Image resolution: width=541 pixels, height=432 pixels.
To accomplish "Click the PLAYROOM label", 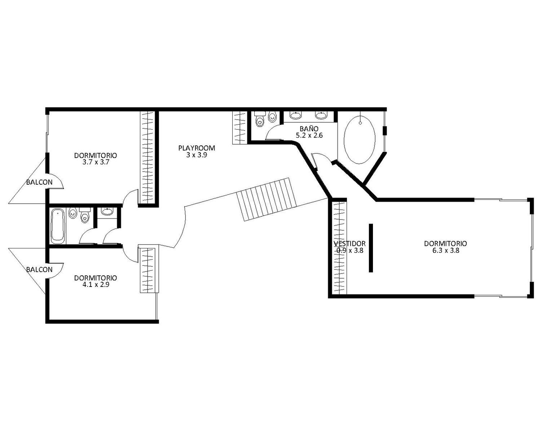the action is coord(197,148).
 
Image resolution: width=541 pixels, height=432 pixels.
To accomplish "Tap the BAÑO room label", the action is coord(309,129).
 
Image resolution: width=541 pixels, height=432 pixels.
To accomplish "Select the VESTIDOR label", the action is coord(349,243).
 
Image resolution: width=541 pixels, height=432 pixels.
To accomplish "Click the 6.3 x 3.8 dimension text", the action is coord(445,250).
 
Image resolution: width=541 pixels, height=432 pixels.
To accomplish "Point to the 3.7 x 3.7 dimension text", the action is coord(96,162).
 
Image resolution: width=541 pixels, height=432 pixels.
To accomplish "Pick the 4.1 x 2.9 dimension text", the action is coord(96,285).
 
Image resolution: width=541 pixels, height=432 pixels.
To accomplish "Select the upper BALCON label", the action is coord(39,182).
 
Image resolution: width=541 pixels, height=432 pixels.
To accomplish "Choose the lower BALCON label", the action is coord(39,269).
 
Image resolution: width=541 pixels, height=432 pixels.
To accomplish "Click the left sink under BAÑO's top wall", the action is coord(295,115).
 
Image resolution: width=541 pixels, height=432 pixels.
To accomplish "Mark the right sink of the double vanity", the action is coord(321,115).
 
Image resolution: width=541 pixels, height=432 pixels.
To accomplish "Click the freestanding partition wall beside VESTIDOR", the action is coord(371,248).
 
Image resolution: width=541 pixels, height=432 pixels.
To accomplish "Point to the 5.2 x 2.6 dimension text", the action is coord(309,136).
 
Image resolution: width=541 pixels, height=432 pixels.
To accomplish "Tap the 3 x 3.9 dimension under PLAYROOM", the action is coord(197,155).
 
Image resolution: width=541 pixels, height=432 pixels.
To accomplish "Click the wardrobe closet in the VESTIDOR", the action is coord(339,248).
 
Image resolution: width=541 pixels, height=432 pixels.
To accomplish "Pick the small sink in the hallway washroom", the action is coord(107,211).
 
